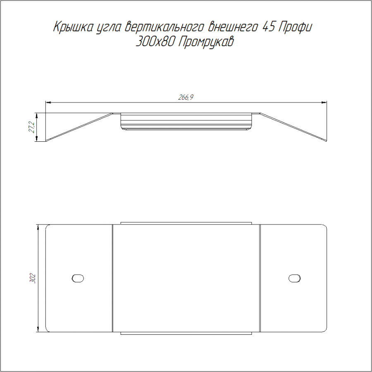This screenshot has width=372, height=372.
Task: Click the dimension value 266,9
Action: [x=186, y=97]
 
